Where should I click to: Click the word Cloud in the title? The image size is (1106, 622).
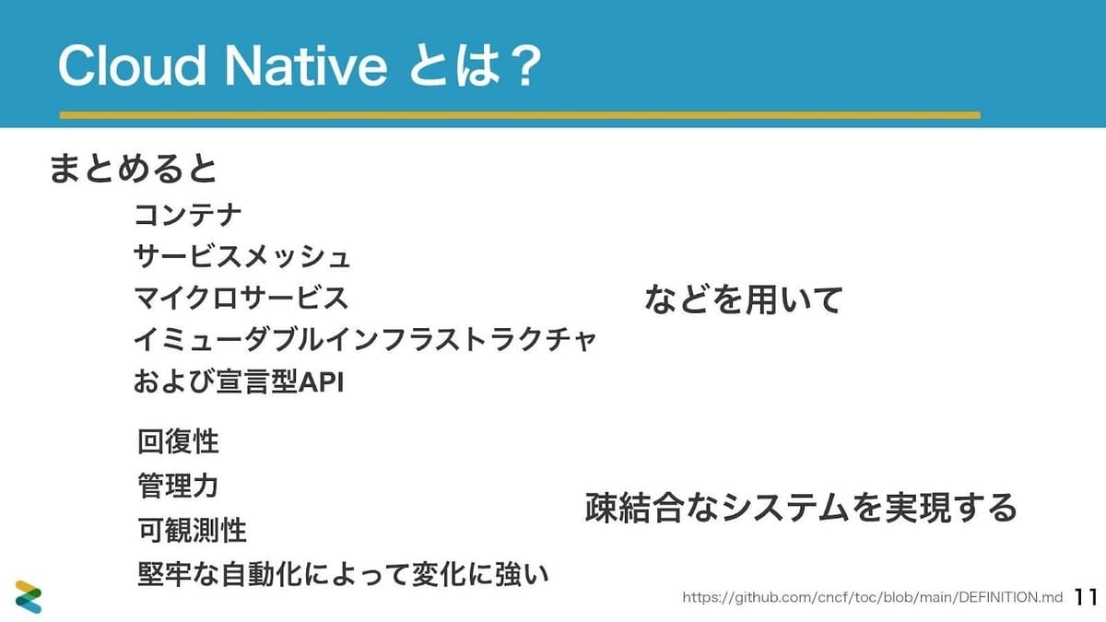pyautogui.click(x=131, y=65)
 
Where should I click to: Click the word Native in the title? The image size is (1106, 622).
pyautogui.click(x=306, y=65)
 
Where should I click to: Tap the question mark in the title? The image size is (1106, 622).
pyautogui.click(x=523, y=65)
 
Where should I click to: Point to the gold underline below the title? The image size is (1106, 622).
pyautogui.click(x=520, y=115)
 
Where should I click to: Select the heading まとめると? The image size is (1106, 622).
pyautogui.click(x=134, y=169)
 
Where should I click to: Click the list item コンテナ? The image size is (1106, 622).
pyautogui.click(x=188, y=215)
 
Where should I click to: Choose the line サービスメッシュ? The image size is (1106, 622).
pyautogui.click(x=241, y=256)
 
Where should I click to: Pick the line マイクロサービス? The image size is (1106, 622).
pyautogui.click(x=241, y=298)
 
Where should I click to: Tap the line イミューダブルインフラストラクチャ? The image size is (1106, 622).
pyautogui.click(x=365, y=340)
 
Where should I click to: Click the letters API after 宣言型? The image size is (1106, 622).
pyautogui.click(x=322, y=381)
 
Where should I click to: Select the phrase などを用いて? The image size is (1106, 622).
pyautogui.click(x=744, y=299)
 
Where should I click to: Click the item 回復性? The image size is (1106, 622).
pyautogui.click(x=178, y=441)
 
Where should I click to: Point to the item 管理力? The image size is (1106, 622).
pyautogui.click(x=178, y=486)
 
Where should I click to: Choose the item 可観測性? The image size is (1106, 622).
pyautogui.click(x=192, y=530)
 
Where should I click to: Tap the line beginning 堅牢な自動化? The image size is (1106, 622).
pyautogui.click(x=343, y=574)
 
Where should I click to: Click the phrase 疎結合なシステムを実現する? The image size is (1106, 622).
pyautogui.click(x=801, y=508)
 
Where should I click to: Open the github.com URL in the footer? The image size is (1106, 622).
pyautogui.click(x=873, y=598)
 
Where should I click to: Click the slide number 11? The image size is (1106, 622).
pyautogui.click(x=1086, y=597)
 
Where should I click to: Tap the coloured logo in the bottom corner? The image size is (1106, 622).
pyautogui.click(x=29, y=596)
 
